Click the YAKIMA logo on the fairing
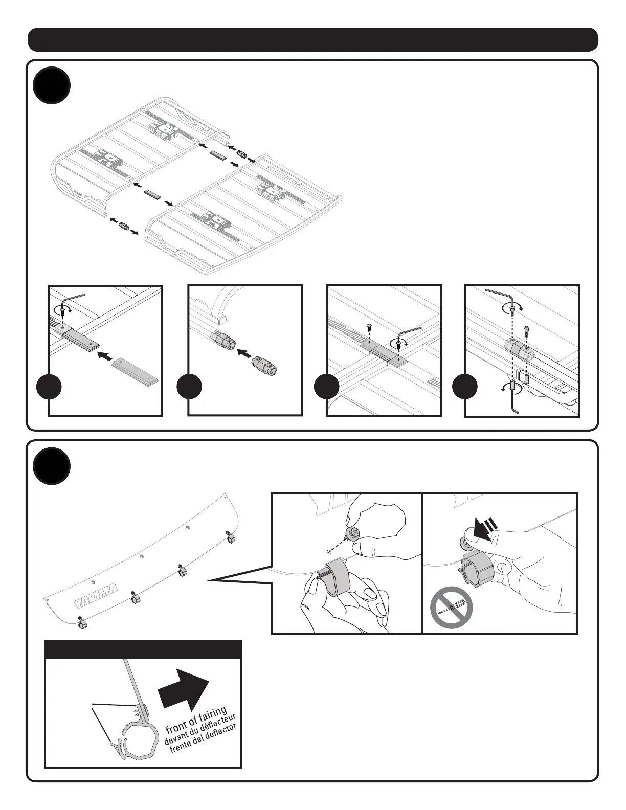tap(96, 596)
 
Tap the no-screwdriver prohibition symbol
tap(451, 608)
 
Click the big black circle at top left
tap(52, 85)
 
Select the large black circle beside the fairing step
tap(52, 466)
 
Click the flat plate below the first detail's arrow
tap(135, 370)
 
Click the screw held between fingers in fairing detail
tap(352, 534)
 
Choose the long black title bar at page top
tap(312, 40)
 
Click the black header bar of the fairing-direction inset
tap(143, 649)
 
